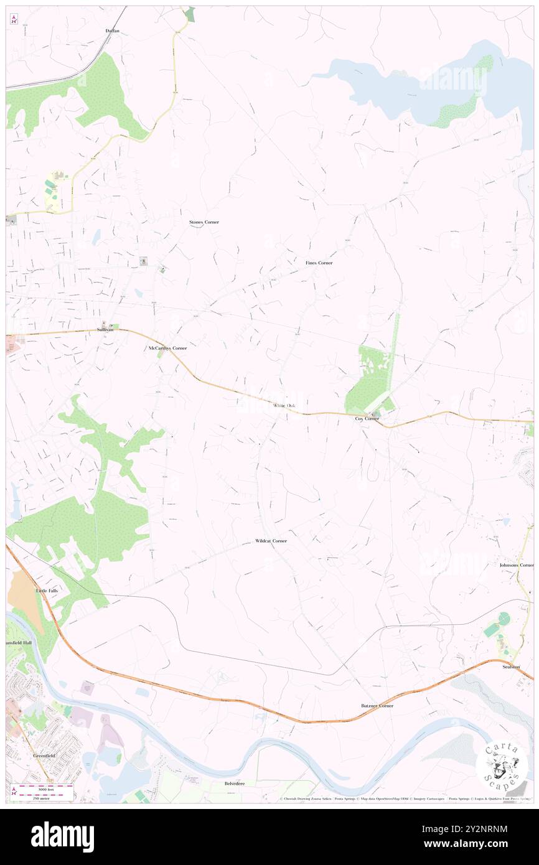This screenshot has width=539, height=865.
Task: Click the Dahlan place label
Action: tap(112, 30)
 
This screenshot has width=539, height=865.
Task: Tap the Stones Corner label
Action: tap(204, 222)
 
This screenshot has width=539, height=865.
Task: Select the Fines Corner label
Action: tap(319, 263)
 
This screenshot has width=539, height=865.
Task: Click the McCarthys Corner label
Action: tap(167, 348)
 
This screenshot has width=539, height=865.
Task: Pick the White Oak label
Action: tap(283, 406)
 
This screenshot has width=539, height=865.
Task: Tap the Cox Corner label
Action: tap(367, 419)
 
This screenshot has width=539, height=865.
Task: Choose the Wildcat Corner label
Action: tap(271, 541)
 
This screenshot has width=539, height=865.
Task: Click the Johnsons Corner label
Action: tap(517, 565)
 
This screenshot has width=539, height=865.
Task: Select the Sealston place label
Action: tap(511, 666)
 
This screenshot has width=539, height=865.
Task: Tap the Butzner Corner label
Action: tap(377, 706)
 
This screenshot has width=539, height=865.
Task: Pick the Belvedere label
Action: tap(235, 784)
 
